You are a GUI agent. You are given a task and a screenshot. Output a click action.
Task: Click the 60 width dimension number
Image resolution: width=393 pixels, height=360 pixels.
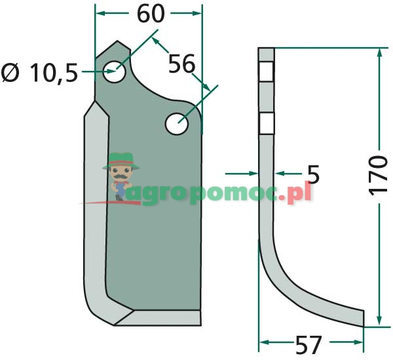point(151,14)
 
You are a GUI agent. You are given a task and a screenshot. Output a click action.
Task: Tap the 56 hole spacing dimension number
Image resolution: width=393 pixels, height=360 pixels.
point(181,64)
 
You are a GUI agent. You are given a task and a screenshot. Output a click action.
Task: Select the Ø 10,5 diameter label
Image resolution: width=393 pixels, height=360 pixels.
point(39,73)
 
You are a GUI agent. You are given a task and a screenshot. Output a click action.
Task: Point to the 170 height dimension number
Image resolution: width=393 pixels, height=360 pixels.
point(378,175)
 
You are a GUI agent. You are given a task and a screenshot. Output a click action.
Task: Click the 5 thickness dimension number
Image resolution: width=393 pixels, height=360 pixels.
point(313,174)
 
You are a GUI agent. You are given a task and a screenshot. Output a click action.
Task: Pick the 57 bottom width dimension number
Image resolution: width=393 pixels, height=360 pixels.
point(309,345)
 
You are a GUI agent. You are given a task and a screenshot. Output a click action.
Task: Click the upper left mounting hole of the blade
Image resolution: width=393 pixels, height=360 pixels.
point(114,71)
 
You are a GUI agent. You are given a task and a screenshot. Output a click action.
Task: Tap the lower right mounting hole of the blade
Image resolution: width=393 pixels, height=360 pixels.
point(177,124)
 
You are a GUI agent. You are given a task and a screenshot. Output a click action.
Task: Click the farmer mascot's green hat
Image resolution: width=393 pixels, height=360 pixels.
point(121,160)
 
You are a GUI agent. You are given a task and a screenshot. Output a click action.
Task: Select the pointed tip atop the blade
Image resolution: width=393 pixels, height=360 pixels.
point(117,41)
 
